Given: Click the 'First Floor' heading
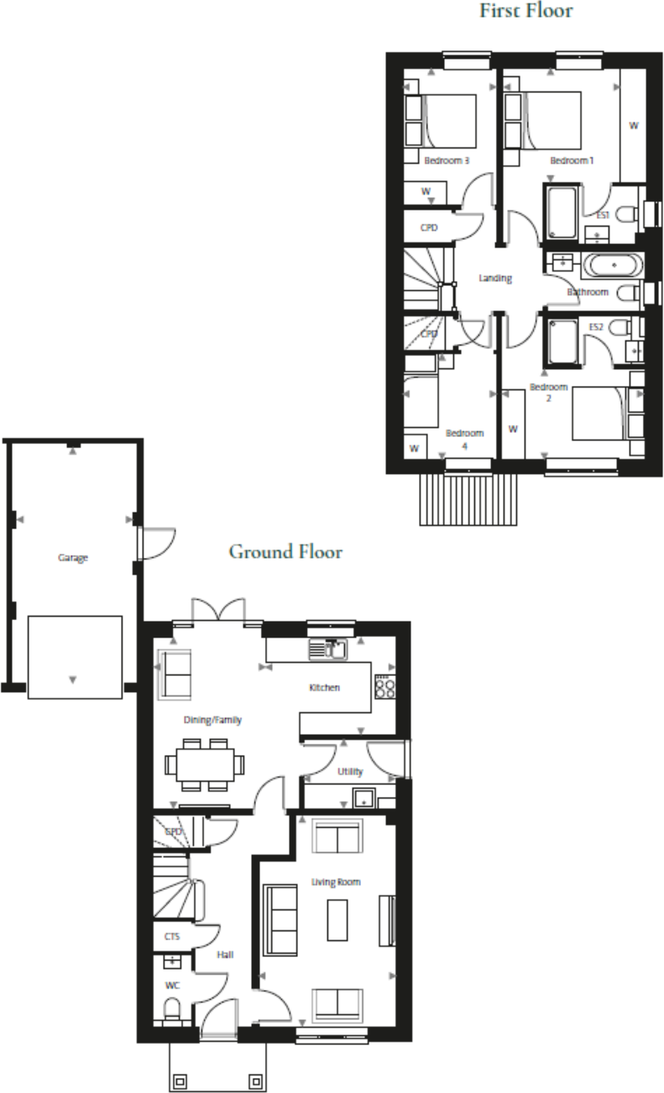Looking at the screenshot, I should point(526,11).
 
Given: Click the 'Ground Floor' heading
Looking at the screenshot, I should point(285,552).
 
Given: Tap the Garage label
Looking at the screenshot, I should point(73,557).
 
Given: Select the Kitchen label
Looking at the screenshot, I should point(325,688).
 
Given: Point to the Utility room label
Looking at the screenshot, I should point(349,771).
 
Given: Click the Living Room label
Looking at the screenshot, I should point(336,882).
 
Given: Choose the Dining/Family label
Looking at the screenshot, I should point(213,720).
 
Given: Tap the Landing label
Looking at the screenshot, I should point(495,278).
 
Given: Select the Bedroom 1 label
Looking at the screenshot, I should point(572,160).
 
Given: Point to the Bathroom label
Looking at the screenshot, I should point(588,292).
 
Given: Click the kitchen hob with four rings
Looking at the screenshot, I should point(384,688).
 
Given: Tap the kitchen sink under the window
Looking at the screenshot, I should point(328,648).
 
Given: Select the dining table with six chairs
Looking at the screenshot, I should point(206,764).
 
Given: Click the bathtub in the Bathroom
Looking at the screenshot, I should point(613,266).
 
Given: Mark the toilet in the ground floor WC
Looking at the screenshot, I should point(172,1007).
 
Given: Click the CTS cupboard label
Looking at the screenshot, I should point(172,936).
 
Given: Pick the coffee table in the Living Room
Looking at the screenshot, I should point(337,920).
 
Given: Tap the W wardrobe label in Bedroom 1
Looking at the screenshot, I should point(634,126).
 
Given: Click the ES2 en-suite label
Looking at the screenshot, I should point(597,327).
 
